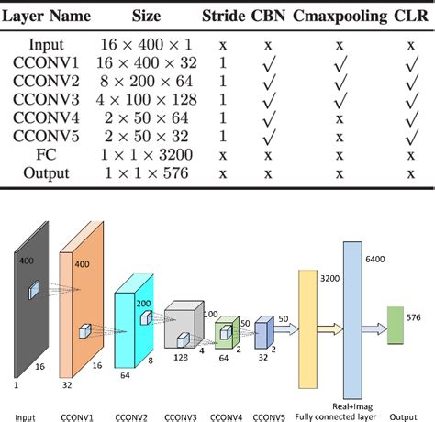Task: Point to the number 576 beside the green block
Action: click(x=415, y=317)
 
